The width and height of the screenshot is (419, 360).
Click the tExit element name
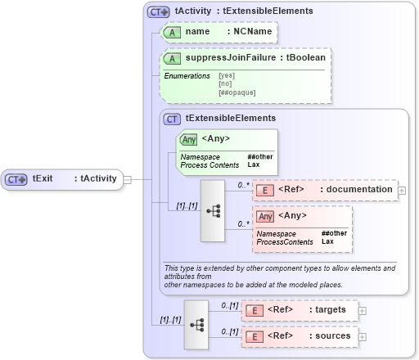[x=43, y=178]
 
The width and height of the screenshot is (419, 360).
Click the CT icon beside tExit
[x=17, y=178]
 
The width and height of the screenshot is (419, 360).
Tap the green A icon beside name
[x=172, y=32]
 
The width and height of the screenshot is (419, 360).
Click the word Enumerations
[x=187, y=76]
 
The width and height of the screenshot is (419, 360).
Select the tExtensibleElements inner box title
[x=231, y=119]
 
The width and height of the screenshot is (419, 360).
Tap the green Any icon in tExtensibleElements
[x=188, y=139]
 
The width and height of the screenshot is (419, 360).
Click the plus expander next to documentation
[x=402, y=191]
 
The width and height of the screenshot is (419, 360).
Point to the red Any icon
[x=265, y=217]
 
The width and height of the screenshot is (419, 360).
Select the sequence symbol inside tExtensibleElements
[x=213, y=209]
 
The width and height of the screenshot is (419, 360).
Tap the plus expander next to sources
[x=363, y=335]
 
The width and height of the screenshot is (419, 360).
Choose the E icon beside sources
[x=255, y=335]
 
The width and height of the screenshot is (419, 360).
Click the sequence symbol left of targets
[x=196, y=323]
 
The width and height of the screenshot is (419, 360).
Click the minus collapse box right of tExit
[x=127, y=178]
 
